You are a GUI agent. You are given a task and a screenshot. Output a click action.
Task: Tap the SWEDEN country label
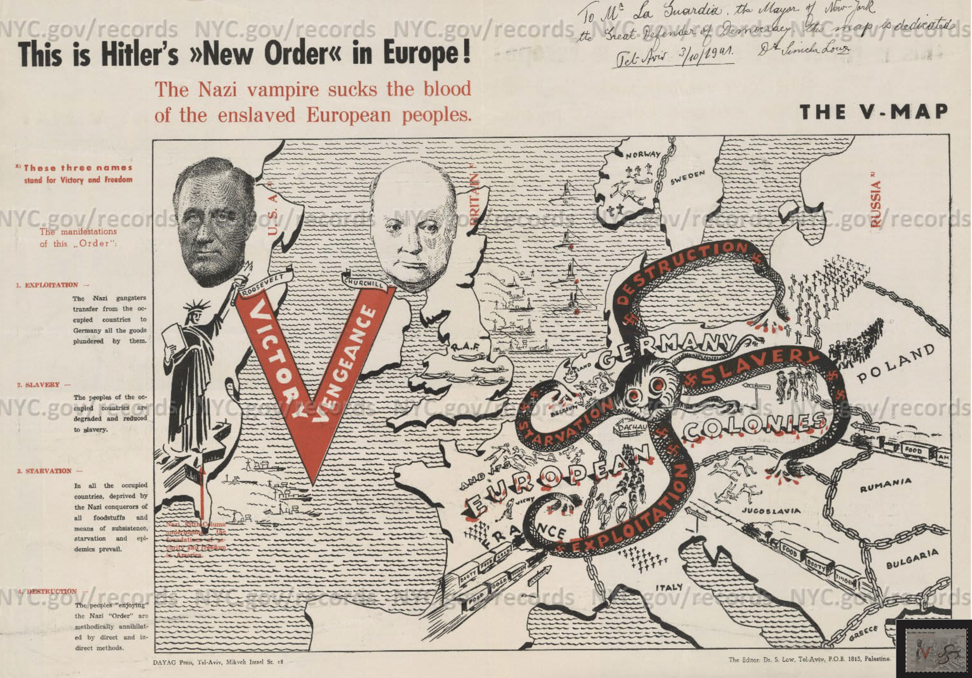(x=688, y=179)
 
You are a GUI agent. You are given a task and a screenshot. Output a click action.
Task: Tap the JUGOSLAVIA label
(x=771, y=511)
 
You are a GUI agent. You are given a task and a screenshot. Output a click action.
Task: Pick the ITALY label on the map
(x=669, y=587)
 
